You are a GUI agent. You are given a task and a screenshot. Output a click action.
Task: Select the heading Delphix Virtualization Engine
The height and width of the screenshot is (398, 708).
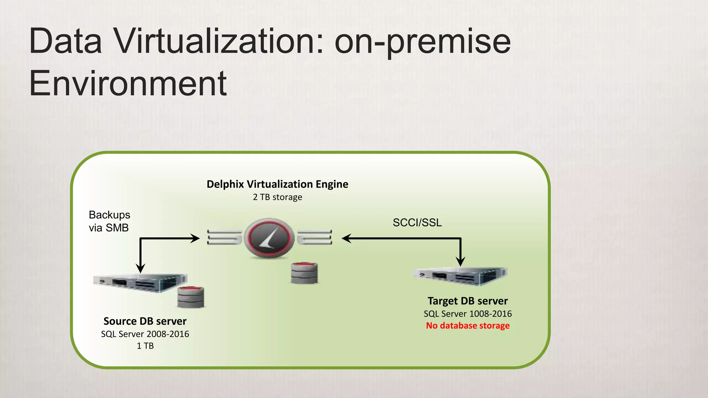[277, 184]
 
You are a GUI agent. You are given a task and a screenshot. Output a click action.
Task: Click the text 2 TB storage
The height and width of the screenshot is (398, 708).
[277, 197]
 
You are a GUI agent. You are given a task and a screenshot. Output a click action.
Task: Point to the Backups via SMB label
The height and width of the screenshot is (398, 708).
[109, 221]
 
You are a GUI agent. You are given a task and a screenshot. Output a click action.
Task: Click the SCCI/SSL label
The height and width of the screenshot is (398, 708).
[417, 222]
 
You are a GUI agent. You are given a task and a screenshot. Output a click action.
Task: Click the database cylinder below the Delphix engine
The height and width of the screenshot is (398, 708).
[304, 273]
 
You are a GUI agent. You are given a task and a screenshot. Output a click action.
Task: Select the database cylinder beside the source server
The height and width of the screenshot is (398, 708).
[190, 297]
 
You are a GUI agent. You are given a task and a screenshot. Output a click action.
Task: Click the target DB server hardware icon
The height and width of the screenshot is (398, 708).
[460, 276]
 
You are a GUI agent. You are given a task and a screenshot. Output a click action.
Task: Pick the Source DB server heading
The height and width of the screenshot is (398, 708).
[145, 321]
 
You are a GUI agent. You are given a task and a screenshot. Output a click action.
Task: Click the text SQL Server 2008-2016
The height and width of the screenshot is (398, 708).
[145, 334]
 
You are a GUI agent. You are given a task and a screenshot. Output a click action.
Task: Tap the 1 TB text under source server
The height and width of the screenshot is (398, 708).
[145, 346]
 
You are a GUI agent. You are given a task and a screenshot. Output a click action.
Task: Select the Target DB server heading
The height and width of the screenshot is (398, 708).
[467, 301]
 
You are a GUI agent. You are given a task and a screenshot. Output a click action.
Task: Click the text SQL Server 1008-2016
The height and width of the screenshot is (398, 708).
[467, 314]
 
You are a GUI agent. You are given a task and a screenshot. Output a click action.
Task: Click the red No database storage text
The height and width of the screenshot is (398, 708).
[467, 326]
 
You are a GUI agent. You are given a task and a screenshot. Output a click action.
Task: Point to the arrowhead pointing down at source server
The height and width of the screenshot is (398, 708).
[140, 268]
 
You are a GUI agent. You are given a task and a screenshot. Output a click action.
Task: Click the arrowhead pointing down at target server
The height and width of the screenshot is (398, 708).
[460, 261]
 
